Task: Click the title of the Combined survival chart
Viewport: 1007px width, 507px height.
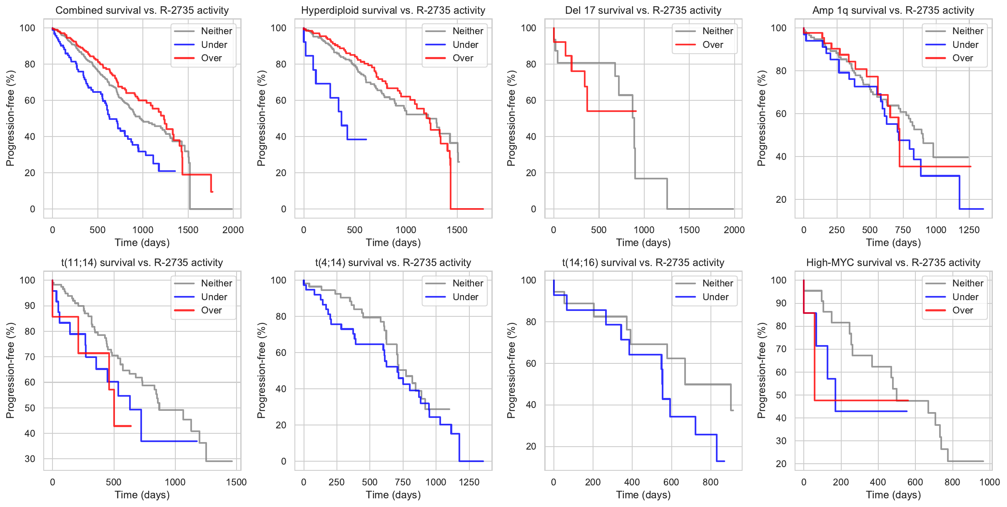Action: [142, 10]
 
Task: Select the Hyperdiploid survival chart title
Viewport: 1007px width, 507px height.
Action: [393, 10]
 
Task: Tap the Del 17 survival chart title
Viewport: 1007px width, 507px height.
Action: [643, 10]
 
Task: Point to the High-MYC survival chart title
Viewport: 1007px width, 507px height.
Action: [893, 263]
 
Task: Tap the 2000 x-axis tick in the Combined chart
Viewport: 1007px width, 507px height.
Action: [233, 230]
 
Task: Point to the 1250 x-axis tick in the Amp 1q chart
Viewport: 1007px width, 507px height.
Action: [969, 230]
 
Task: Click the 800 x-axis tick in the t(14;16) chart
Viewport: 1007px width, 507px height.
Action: [710, 482]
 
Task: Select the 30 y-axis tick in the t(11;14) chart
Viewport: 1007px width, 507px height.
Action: [30, 459]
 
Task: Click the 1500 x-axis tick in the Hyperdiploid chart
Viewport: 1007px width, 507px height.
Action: [457, 230]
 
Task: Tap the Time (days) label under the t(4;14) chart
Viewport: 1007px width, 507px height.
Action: [393, 495]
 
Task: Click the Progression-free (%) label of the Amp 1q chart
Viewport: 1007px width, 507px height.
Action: [762, 118]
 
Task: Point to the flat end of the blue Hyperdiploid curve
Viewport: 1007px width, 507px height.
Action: [357, 139]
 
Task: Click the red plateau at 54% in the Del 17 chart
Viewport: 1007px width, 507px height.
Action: [612, 111]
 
